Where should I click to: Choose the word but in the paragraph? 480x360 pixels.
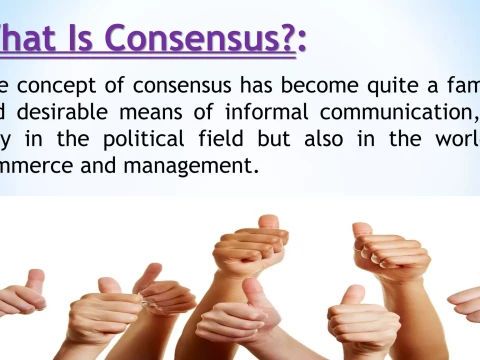click(x=259, y=138)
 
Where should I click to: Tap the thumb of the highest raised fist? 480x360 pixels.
click(x=269, y=223)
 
